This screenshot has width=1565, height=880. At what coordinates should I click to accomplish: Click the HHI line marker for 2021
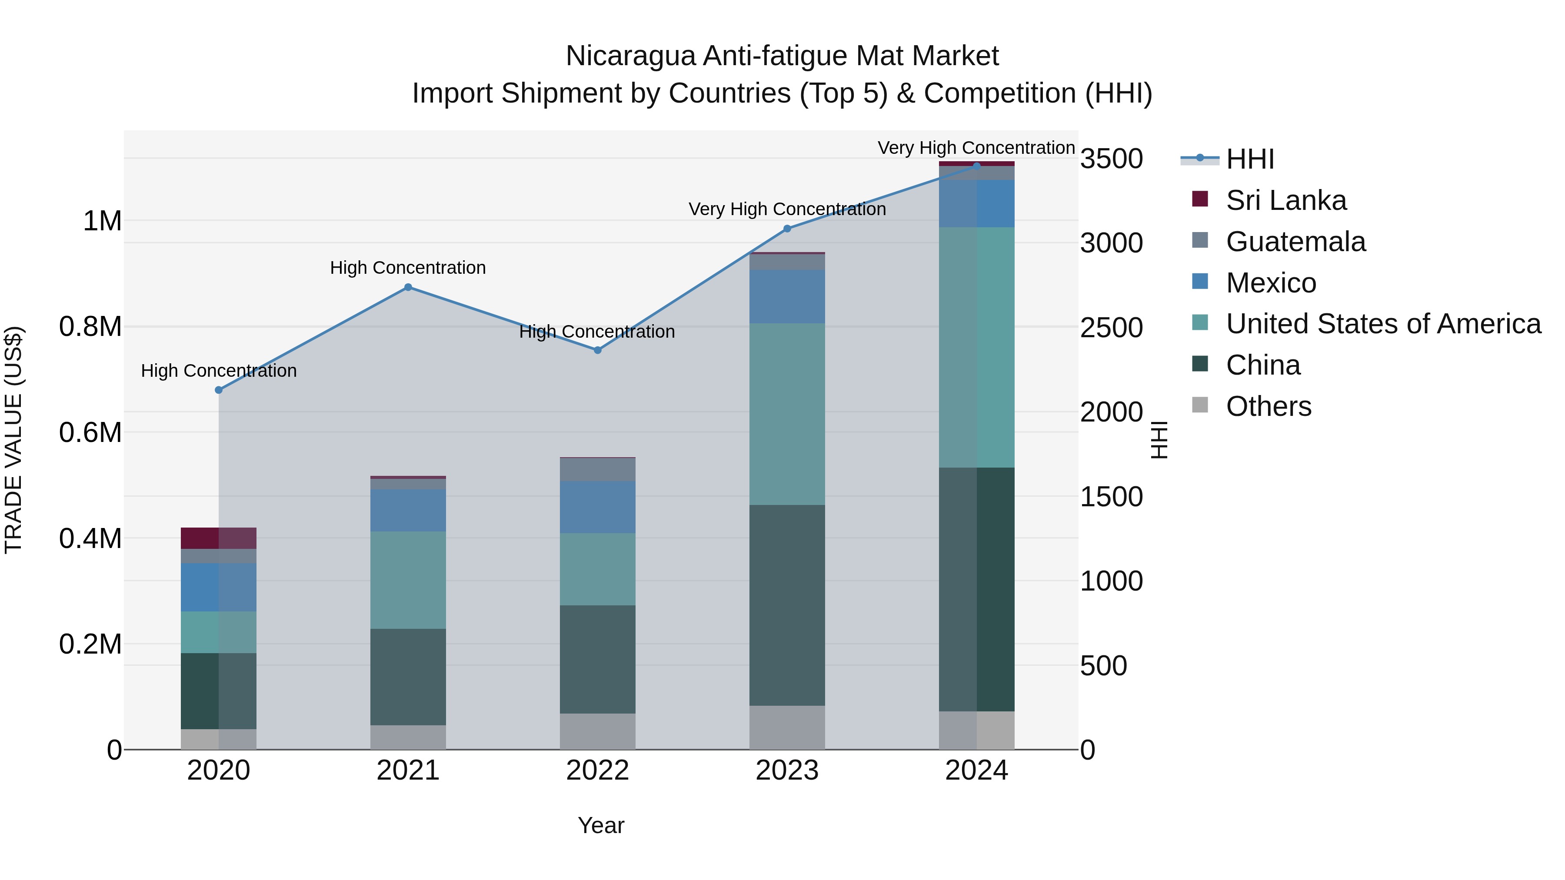click(408, 287)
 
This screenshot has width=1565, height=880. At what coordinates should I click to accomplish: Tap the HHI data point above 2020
click(219, 390)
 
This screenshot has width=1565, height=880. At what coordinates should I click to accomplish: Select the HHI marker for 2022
click(597, 350)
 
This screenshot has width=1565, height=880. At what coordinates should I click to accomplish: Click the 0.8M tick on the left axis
click(90, 327)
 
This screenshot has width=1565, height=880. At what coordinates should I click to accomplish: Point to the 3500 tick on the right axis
click(1111, 159)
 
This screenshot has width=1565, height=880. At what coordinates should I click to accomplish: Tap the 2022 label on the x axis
click(597, 770)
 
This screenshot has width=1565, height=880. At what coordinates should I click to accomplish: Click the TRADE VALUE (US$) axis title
click(13, 440)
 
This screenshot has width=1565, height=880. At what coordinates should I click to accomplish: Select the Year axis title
click(601, 825)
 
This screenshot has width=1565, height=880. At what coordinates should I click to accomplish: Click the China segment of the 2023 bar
click(787, 604)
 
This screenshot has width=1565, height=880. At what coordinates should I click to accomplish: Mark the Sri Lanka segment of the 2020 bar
click(219, 538)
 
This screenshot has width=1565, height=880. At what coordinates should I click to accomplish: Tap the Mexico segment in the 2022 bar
click(597, 507)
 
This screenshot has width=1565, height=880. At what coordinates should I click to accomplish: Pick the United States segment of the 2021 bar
click(408, 580)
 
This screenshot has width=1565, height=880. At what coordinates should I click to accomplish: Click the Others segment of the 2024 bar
click(976, 730)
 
